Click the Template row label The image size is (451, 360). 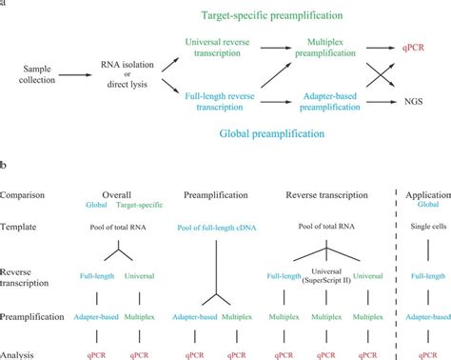pyautogui.click(x=21, y=229)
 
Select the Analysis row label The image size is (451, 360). pyautogui.click(x=21, y=353)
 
